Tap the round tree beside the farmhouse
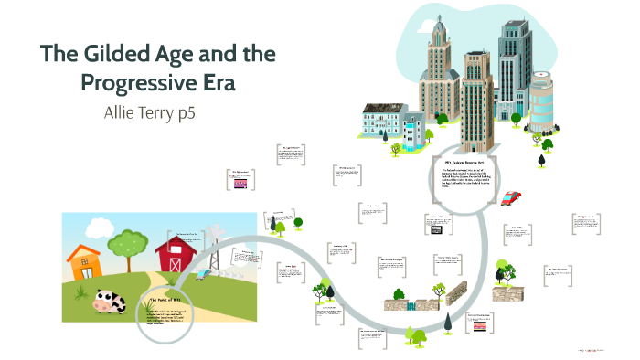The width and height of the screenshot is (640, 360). pos(133,242)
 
